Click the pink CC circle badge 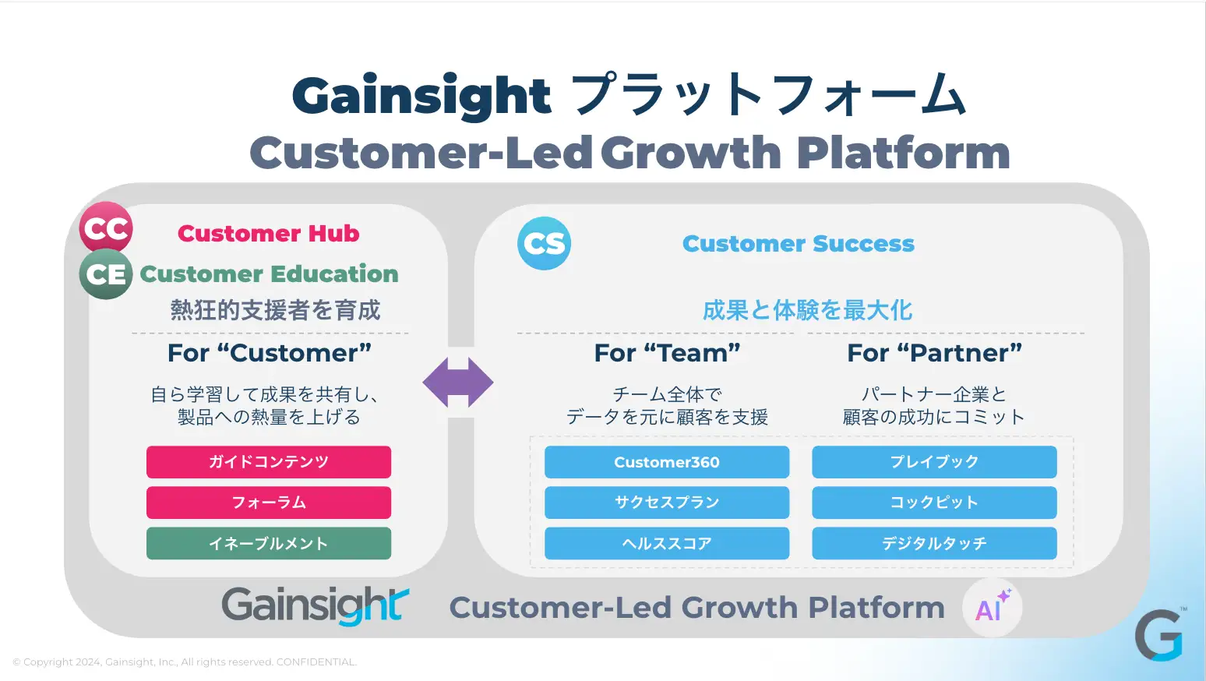106,228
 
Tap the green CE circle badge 106,274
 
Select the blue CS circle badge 545,243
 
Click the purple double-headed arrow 458,383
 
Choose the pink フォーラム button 269,503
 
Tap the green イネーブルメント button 269,543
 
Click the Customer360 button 667,462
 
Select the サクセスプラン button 667,503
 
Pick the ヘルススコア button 667,543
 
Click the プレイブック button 935,462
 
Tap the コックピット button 935,503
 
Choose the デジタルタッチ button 935,543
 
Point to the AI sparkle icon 993,608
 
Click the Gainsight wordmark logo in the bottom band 316,606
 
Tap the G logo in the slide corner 1159,635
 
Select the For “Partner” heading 935,353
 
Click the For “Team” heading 667,353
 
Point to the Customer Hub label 269,234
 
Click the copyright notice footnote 185,662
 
